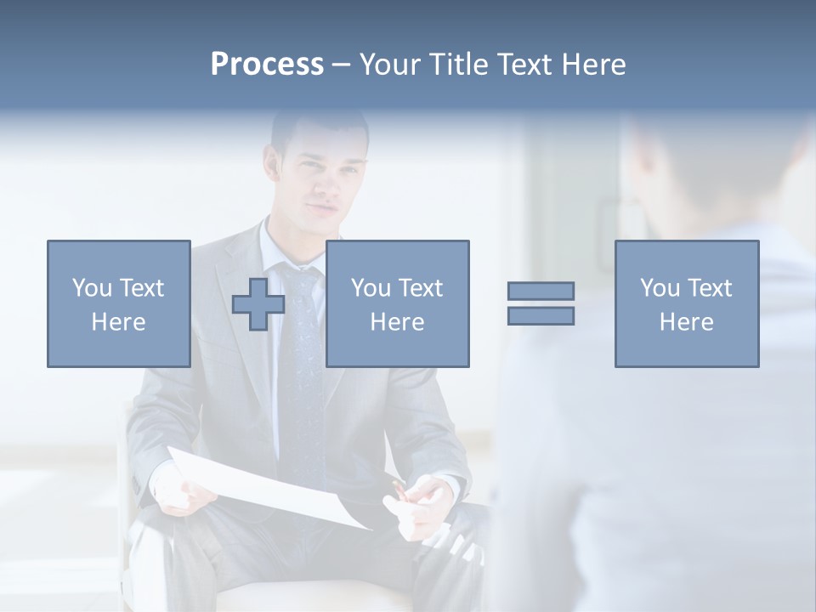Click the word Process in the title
click(267, 65)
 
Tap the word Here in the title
click(595, 65)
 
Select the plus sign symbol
click(258, 303)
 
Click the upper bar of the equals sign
click(541, 291)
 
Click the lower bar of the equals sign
click(541, 315)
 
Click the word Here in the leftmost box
click(118, 322)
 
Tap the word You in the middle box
click(371, 288)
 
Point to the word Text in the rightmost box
click(710, 288)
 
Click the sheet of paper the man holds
click(272, 489)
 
